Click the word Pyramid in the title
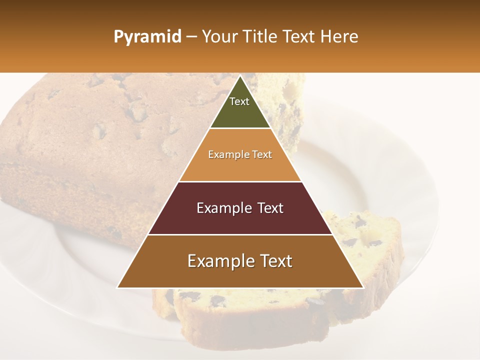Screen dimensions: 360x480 (147, 37)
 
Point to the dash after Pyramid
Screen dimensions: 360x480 (191, 37)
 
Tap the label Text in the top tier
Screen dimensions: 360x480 (239, 101)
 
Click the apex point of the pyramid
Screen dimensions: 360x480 (240, 76)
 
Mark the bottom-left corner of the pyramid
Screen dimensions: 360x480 (117, 287)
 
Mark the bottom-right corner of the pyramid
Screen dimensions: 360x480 (363, 287)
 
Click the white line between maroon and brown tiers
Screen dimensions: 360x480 (240, 234)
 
